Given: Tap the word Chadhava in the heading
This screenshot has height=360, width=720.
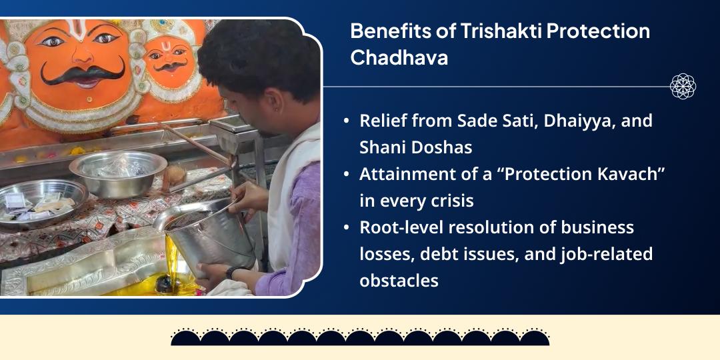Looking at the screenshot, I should [x=399, y=57].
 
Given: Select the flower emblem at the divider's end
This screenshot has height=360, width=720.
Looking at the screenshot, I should [x=683, y=86].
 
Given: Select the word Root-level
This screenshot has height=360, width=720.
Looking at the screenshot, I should [x=401, y=228].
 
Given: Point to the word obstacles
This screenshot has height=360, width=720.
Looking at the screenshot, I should [x=399, y=280].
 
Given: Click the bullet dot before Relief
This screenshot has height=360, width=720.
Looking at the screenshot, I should [x=346, y=122].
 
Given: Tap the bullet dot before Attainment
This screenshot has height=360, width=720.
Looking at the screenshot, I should [x=346, y=175].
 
